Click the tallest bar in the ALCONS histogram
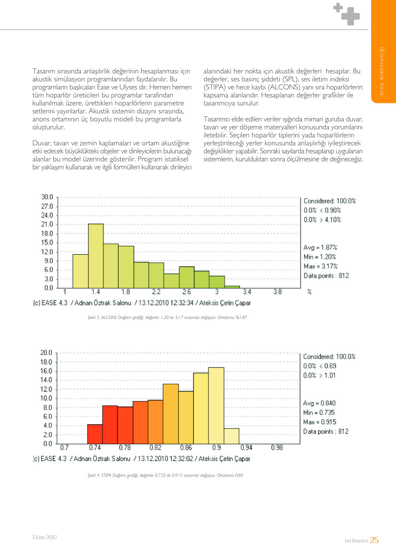(x=96, y=256)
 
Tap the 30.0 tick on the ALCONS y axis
(x=47, y=197)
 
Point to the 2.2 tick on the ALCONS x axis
(x=156, y=292)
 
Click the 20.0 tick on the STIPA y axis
(x=47, y=353)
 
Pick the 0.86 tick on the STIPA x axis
(x=186, y=448)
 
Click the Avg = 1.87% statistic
(x=320, y=247)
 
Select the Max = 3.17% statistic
(x=321, y=266)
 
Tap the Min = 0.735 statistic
(x=319, y=413)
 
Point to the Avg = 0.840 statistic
(x=319, y=403)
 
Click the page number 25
(x=374, y=540)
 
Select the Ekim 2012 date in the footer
(x=45, y=537)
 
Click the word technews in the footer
(x=356, y=541)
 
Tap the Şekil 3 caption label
(x=94, y=318)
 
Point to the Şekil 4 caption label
(x=94, y=476)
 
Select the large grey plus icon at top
(x=351, y=16)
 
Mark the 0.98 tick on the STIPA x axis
(x=277, y=448)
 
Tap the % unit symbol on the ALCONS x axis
(x=309, y=292)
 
